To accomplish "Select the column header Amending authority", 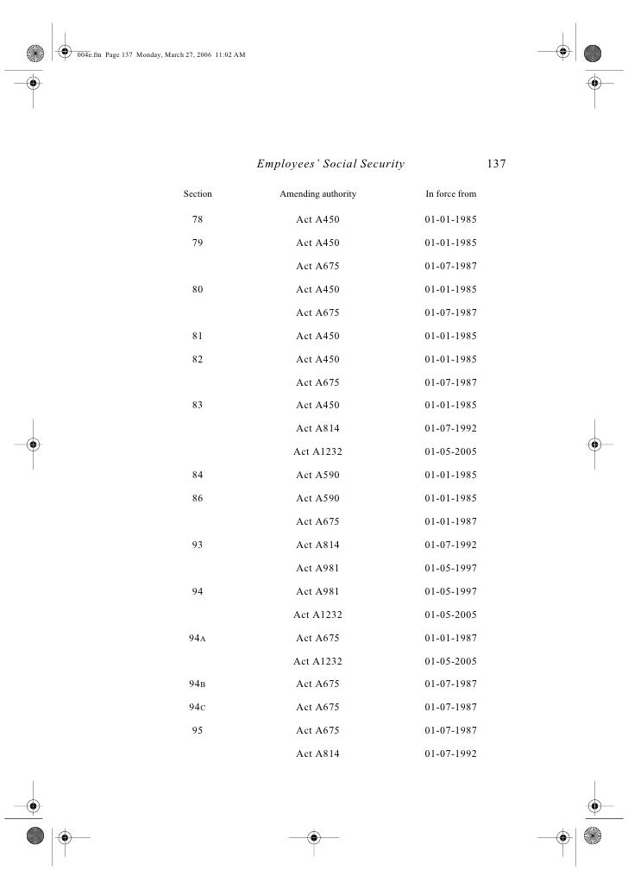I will pyautogui.click(x=317, y=194).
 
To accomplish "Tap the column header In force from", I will pyautogui.click(x=450, y=194).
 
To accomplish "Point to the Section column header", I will pyautogui.click(x=198, y=194).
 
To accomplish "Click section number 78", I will pyautogui.click(x=198, y=220).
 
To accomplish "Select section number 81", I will pyautogui.click(x=198, y=337).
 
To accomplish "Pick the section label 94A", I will pyautogui.click(x=197, y=639).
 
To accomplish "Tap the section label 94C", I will pyautogui.click(x=197, y=708).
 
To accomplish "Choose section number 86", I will pyautogui.click(x=198, y=499).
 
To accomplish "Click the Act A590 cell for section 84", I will pyautogui.click(x=317, y=476).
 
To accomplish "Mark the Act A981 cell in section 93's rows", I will pyautogui.click(x=317, y=569).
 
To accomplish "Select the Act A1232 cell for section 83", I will pyautogui.click(x=317, y=452).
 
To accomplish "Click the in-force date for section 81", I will pyautogui.click(x=450, y=337).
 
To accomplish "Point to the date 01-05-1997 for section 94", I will pyautogui.click(x=450, y=592).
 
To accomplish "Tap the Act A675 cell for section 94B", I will pyautogui.click(x=317, y=684).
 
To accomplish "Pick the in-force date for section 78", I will pyautogui.click(x=450, y=220).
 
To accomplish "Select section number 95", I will pyautogui.click(x=198, y=731).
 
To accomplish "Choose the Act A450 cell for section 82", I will pyautogui.click(x=317, y=360).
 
